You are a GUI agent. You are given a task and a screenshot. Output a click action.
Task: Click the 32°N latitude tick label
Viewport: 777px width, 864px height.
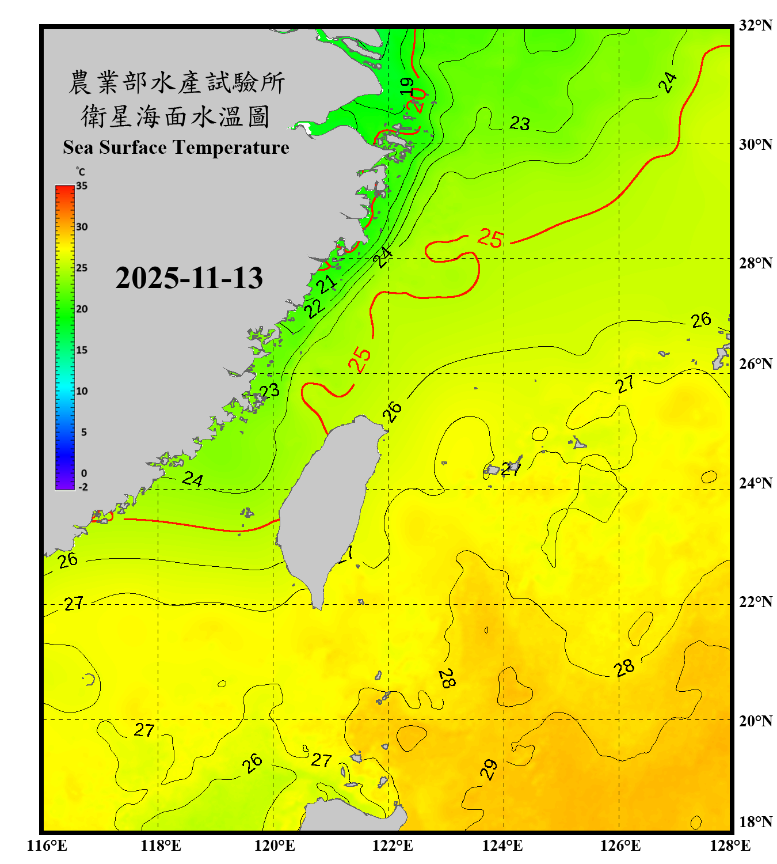tap(755, 25)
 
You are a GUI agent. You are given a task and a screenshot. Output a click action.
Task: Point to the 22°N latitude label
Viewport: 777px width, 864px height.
tap(755, 602)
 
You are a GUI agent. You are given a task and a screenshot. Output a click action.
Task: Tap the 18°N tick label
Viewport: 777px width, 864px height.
tap(755, 822)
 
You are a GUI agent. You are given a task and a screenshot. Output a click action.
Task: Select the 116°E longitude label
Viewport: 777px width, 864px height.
tap(47, 846)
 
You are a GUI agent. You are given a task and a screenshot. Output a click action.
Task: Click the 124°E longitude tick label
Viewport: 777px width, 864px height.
tap(502, 846)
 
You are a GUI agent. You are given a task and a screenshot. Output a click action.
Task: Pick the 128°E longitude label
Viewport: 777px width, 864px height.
tap(730, 846)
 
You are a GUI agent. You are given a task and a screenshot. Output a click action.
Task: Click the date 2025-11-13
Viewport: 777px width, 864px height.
tap(189, 278)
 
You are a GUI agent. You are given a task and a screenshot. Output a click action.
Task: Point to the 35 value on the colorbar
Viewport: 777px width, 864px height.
tap(82, 186)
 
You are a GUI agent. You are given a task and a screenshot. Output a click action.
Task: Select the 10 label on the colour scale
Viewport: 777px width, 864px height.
tap(82, 391)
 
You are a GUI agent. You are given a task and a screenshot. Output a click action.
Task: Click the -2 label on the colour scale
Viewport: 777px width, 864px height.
tap(83, 487)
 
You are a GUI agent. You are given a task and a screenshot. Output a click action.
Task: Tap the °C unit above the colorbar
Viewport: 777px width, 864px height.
tap(81, 172)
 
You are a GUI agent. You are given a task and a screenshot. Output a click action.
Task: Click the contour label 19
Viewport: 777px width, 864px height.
tap(407, 86)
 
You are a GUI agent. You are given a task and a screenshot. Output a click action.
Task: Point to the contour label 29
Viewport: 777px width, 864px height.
tap(489, 769)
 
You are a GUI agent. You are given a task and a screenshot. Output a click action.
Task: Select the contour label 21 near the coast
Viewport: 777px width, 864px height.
tap(327, 284)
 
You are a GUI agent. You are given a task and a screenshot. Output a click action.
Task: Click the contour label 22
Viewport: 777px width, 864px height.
tap(314, 308)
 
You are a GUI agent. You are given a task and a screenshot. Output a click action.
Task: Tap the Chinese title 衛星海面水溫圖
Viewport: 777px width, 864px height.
tap(176, 116)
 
